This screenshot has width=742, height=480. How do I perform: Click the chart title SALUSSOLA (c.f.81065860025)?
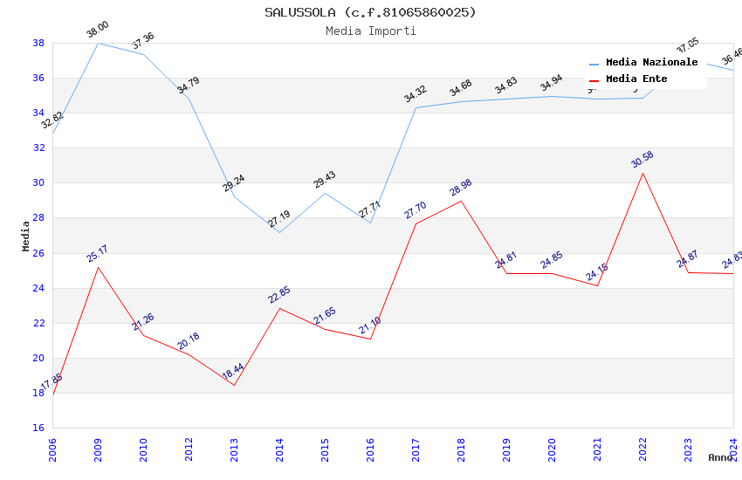(370, 12)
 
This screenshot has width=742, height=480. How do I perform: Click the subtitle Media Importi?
(370, 31)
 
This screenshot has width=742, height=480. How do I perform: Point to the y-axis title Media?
(25, 236)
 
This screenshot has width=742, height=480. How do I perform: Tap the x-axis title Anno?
(720, 457)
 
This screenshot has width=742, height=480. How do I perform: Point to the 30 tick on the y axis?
(38, 183)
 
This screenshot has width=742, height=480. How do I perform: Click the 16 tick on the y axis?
(38, 428)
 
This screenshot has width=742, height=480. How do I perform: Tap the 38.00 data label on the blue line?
(97, 31)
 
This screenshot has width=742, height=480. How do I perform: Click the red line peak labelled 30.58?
(642, 173)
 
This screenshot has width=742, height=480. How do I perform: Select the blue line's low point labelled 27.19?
(279, 232)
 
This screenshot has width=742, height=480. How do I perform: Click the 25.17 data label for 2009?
(97, 254)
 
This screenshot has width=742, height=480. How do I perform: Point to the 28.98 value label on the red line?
(460, 188)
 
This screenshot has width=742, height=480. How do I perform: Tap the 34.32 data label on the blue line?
(415, 94)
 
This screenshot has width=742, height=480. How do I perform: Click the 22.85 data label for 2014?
(278, 295)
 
